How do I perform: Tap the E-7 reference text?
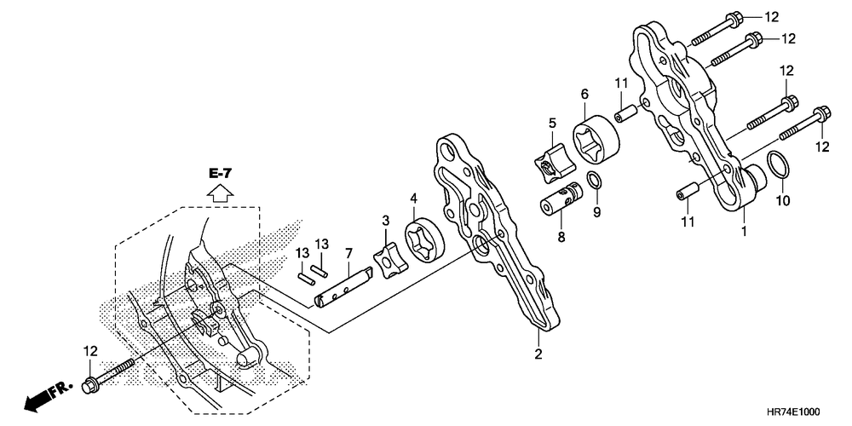click(219, 174)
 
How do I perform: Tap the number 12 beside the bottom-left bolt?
click(91, 351)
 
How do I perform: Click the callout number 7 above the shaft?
click(348, 254)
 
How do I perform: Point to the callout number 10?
click(783, 201)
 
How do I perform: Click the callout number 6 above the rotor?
click(584, 94)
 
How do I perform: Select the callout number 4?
click(413, 200)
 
